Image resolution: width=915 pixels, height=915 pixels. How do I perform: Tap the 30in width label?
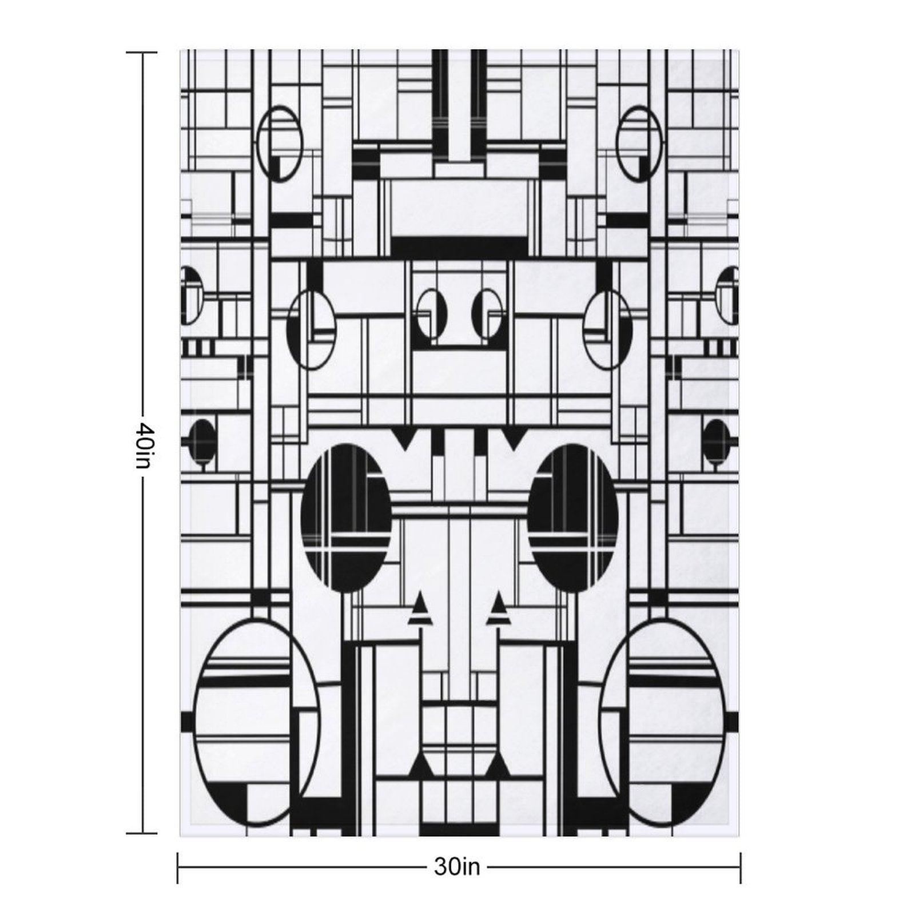pyautogui.click(x=456, y=868)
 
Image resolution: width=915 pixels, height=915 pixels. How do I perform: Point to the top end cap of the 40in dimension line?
pyautogui.click(x=142, y=53)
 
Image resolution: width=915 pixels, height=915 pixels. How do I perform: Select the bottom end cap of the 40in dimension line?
pyautogui.click(x=142, y=833)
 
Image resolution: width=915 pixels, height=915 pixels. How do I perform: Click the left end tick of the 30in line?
pyautogui.click(x=178, y=868)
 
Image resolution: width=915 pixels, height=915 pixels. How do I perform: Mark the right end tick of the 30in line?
pyautogui.click(x=741, y=868)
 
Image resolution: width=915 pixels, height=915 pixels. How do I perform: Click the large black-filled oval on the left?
pyautogui.click(x=345, y=518)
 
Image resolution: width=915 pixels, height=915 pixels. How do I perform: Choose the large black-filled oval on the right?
pyautogui.click(x=573, y=518)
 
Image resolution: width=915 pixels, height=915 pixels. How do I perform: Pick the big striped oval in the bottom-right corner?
pyautogui.click(x=663, y=726)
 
